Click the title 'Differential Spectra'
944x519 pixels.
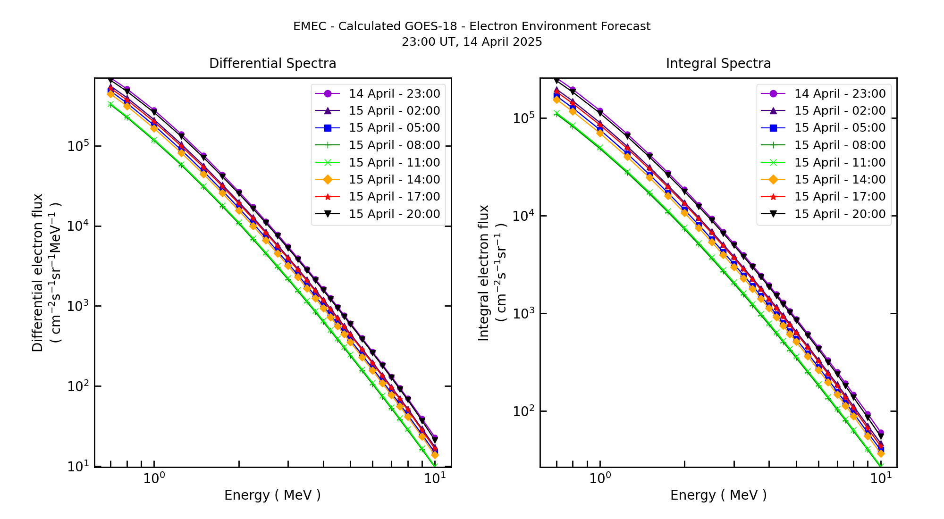tap(272, 64)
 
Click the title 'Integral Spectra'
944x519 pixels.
tap(718, 64)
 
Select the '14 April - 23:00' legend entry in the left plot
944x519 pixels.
tap(394, 93)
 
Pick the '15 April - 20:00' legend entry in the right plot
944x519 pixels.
tap(840, 214)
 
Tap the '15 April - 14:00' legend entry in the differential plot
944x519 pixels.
tap(394, 179)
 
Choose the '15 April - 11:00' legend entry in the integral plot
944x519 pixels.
tap(840, 162)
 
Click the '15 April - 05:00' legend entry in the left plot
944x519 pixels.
tap(394, 128)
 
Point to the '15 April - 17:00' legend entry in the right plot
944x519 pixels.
tap(840, 196)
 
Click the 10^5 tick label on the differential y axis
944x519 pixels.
tap(78, 146)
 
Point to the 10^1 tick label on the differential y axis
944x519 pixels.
tap(78, 466)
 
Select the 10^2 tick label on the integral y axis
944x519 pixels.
tap(523, 410)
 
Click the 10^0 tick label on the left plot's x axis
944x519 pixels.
tap(154, 478)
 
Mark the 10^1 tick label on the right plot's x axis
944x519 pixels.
tap(880, 478)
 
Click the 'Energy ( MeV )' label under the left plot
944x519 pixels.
tap(272, 495)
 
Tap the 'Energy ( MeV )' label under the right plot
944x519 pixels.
tap(718, 495)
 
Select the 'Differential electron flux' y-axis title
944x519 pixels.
tap(38, 273)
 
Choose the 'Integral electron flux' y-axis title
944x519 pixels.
tap(484, 273)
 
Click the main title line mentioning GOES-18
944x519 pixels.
tap(472, 26)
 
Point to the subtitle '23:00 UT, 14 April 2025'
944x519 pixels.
tap(472, 42)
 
